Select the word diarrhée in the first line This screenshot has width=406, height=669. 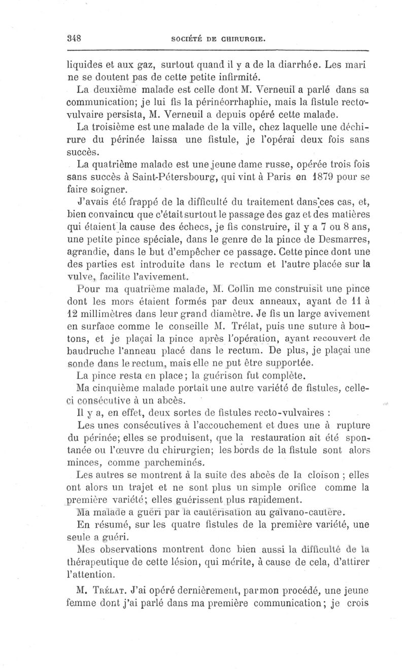[x=289, y=65]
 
